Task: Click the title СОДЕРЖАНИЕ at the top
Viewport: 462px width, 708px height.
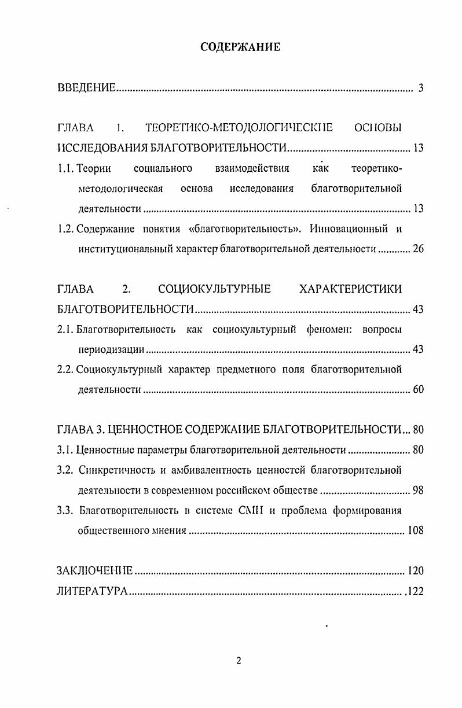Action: (240, 47)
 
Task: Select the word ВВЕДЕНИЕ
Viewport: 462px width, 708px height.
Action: (87, 89)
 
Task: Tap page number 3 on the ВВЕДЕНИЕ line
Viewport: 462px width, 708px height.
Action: (421, 89)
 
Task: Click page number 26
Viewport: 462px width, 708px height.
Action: (418, 250)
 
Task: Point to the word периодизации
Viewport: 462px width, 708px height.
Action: (111, 351)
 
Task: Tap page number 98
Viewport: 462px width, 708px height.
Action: (418, 491)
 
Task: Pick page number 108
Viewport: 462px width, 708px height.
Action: (416, 530)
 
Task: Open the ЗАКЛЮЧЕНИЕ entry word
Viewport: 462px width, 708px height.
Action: (95, 571)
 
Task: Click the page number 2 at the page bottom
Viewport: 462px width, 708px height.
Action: (239, 662)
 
